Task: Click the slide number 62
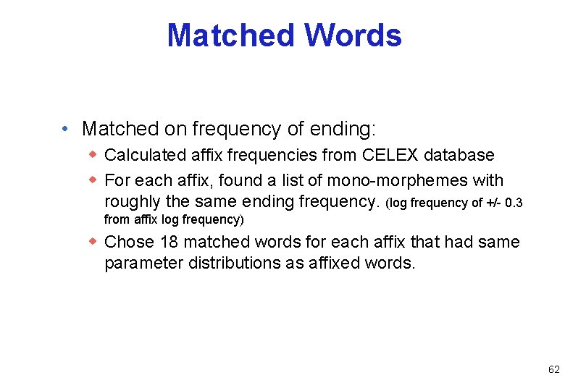pos(553,369)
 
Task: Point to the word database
pos(459,155)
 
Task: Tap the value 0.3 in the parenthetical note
pos(514,202)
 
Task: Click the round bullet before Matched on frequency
pos(65,130)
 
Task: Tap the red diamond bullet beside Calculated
pos(93,154)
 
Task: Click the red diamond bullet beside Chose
pos(93,241)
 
